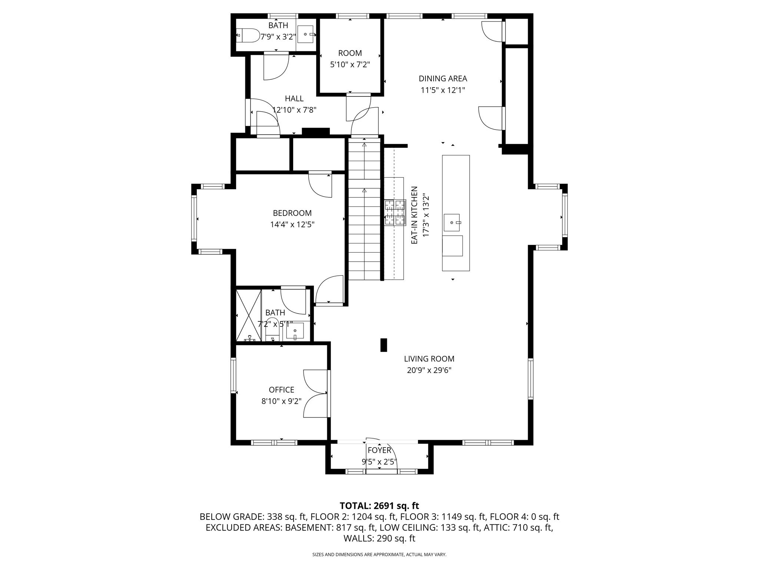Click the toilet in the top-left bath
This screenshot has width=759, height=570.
point(248,35)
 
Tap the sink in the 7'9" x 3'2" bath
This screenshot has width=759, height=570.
point(305,34)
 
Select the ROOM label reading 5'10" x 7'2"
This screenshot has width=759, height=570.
point(350,53)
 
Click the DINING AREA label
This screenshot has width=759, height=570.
point(443,79)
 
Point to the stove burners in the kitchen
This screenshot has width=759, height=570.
point(395,212)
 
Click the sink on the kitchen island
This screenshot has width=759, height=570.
point(452,222)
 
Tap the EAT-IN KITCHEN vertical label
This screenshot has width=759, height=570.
point(414,215)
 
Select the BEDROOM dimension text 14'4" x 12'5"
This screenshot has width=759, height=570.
point(292,225)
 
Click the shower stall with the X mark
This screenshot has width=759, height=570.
point(249,315)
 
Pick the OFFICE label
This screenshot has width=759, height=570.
point(281,390)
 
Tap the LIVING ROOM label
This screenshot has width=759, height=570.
point(429,359)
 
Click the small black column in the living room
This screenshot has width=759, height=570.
point(384,345)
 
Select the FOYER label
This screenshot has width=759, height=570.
point(379,450)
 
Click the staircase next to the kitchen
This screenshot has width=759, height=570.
point(364,212)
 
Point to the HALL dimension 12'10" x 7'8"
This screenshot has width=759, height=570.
point(294,110)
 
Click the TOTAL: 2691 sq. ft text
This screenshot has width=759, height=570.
point(379,506)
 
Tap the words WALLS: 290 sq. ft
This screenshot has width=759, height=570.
point(379,538)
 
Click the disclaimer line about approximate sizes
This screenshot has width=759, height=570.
point(379,554)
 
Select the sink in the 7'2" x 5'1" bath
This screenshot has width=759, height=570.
point(295,330)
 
